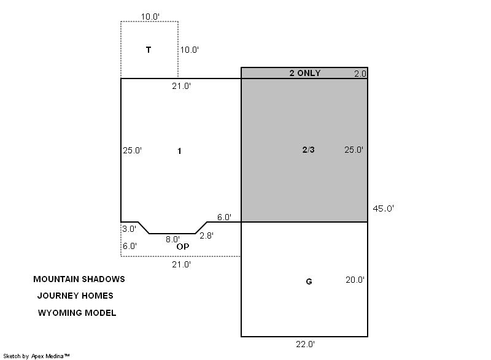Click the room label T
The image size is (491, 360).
coord(149,50)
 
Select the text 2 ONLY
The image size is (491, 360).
coord(305,73)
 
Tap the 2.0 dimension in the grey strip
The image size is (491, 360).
coord(360,74)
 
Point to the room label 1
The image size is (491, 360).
coord(179,151)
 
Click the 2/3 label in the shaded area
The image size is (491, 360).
coord(309,150)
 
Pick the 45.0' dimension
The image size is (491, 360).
coord(383,209)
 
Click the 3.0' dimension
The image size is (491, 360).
coord(130,229)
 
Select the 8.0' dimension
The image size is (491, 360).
coord(173,239)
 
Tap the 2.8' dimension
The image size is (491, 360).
coord(207,236)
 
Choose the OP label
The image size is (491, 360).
coord(183,247)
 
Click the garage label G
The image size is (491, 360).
coord(309,282)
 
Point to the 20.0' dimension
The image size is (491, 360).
coord(355,280)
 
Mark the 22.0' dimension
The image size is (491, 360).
coord(305,345)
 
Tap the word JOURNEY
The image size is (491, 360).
coord(56,296)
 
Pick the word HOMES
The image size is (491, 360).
coord(96,296)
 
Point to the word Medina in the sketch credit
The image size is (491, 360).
coord(58,356)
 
